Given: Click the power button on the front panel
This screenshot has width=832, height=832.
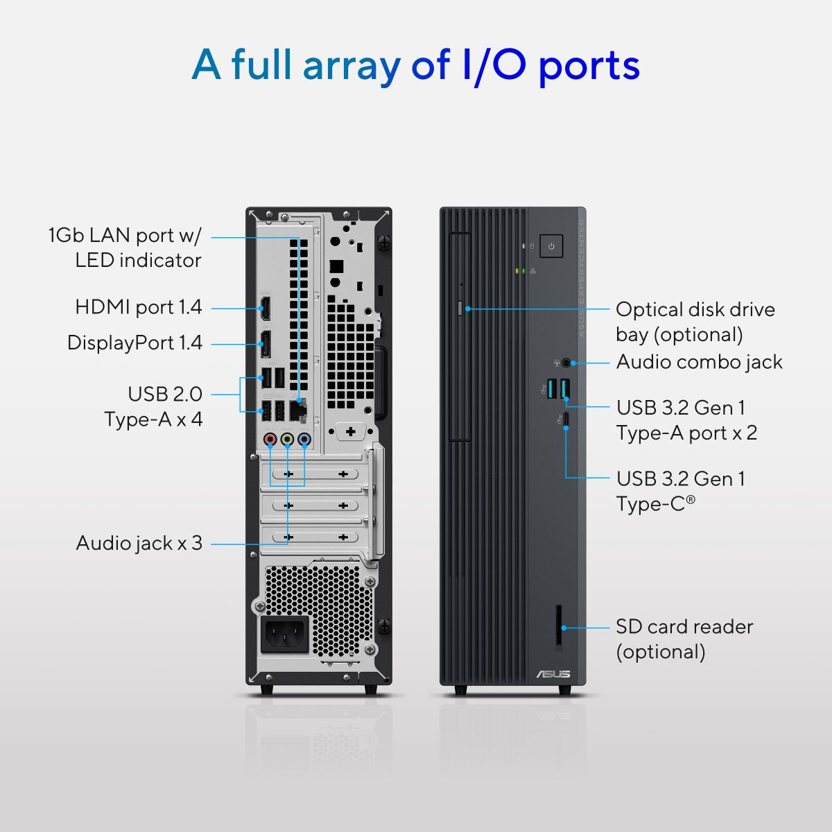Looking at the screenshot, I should [x=551, y=246].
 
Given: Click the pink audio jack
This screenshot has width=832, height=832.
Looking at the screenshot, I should [x=271, y=439].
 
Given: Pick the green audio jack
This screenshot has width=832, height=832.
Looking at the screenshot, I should [x=287, y=439].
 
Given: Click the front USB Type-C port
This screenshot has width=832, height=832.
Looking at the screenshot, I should [x=566, y=419].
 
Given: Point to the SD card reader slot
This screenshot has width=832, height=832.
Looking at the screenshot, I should [x=559, y=627].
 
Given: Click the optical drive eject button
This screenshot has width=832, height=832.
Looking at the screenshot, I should [x=461, y=308].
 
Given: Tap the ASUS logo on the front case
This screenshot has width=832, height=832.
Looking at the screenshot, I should [x=553, y=673].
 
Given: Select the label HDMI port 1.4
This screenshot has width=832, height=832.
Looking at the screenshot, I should [x=139, y=306].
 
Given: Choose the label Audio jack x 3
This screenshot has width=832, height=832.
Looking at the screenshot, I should [x=139, y=543].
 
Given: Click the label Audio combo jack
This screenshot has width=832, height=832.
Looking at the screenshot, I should [x=699, y=362].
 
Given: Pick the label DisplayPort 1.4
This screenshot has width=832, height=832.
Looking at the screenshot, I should [x=135, y=343].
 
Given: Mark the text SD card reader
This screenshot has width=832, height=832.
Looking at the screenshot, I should [x=684, y=627].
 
